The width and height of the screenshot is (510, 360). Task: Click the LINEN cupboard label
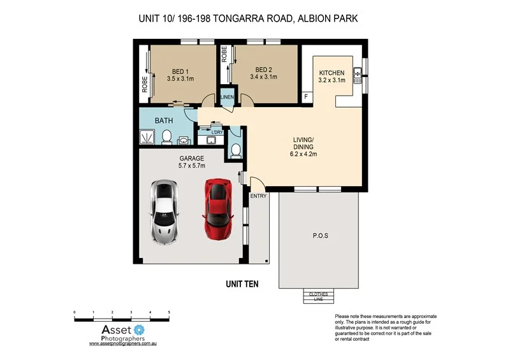click(227, 97)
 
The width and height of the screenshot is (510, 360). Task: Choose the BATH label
click(164, 120)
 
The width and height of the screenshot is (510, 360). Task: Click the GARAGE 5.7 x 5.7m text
click(191, 162)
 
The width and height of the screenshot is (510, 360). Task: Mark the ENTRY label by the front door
click(259, 196)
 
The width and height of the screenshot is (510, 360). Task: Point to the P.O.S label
click(320, 236)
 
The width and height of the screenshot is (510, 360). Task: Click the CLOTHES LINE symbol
click(317, 296)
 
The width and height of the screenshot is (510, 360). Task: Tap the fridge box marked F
click(306, 97)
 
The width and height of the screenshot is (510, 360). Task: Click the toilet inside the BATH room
click(167, 137)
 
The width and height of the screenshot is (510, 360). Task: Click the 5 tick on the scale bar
click(169, 312)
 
